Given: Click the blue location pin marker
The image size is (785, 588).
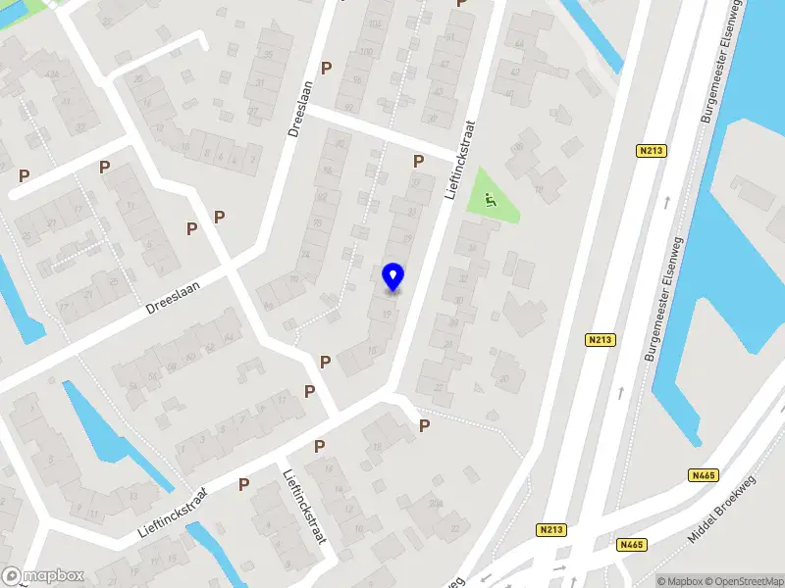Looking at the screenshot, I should (393, 276).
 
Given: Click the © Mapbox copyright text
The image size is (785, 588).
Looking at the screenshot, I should (677, 581).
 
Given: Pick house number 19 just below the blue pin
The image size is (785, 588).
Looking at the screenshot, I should (388, 314).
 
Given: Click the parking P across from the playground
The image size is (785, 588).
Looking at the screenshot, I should (418, 161).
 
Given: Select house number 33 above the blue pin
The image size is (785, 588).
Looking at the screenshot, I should (411, 212).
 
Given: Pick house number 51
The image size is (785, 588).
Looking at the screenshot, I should (450, 36).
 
